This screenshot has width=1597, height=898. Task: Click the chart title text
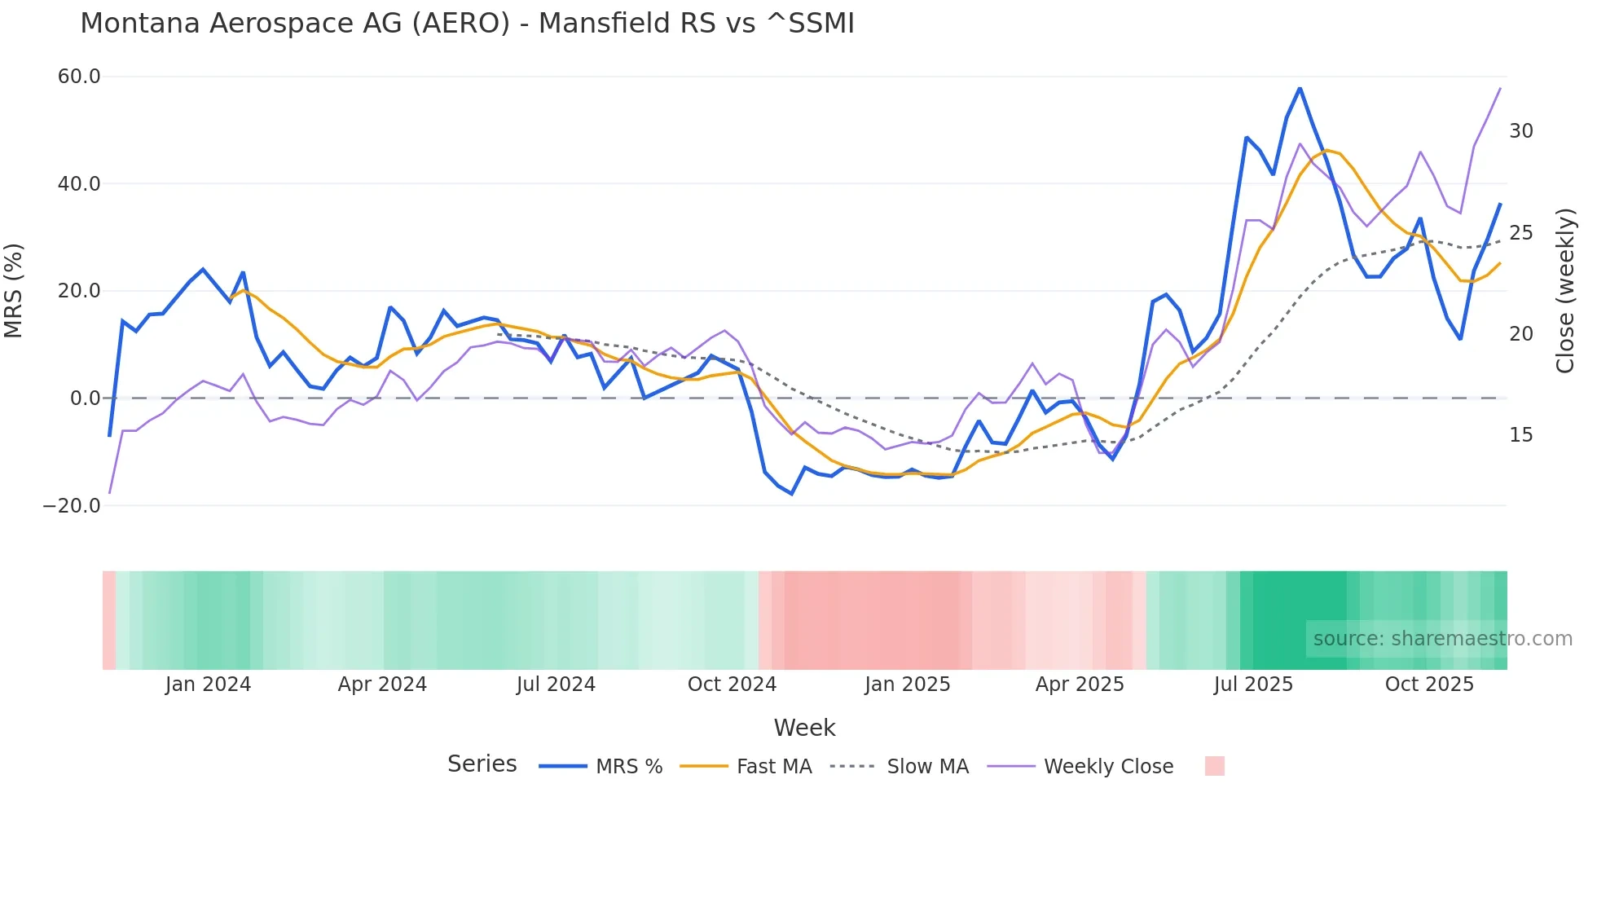click(x=467, y=24)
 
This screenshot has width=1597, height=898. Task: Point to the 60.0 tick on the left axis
click(x=79, y=77)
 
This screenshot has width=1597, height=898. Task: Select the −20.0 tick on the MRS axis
click(x=72, y=505)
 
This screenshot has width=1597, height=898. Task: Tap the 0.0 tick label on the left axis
click(x=85, y=398)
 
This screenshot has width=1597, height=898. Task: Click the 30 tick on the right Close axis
click(x=1520, y=131)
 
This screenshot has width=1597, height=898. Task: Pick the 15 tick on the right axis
click(x=1520, y=435)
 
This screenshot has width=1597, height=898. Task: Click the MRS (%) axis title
click(x=14, y=290)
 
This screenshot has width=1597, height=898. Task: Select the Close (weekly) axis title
click(x=1564, y=290)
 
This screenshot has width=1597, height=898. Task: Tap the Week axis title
click(x=804, y=728)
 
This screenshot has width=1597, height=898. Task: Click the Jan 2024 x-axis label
click(x=208, y=685)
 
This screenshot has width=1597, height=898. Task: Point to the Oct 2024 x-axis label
click(x=732, y=685)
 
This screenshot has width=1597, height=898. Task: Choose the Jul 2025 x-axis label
click(x=1253, y=685)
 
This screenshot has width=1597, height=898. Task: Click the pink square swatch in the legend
click(x=1214, y=766)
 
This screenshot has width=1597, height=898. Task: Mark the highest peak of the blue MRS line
click(x=1300, y=88)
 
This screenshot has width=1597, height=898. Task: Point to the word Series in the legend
click(x=482, y=764)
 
